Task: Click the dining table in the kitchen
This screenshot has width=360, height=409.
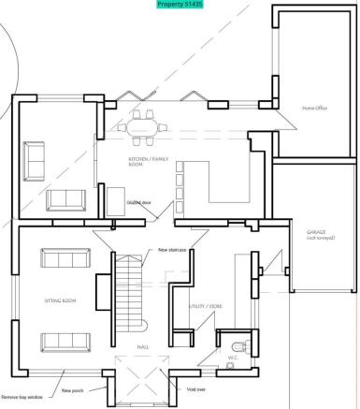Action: (145, 124)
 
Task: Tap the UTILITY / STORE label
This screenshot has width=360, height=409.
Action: (205, 306)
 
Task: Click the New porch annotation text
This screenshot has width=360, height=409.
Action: (72, 389)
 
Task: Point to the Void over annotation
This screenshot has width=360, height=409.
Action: (195, 388)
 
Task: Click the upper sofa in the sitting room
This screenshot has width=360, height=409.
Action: (60, 260)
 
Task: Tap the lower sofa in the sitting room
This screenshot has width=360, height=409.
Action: (60, 342)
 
